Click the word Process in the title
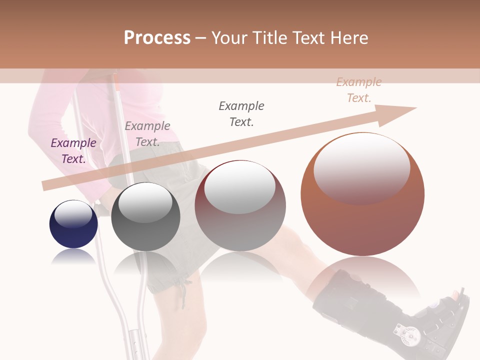click(157, 37)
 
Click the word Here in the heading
click(349, 37)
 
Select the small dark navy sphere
click(73, 224)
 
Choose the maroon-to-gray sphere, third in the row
click(240, 205)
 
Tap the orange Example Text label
click(359, 90)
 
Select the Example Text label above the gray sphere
click(147, 134)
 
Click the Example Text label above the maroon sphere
click(241, 114)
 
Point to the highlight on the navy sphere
click(73, 214)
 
